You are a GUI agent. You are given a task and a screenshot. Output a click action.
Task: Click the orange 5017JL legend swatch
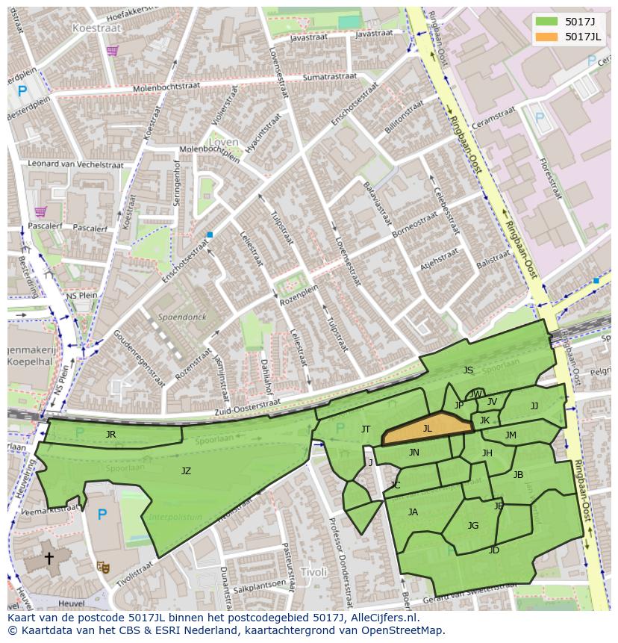coord(547,37)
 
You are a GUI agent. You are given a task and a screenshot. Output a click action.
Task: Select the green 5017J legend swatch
coord(547,21)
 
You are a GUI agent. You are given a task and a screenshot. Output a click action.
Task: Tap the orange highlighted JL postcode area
coord(428,429)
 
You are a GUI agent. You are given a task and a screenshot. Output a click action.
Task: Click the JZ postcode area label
coord(186,470)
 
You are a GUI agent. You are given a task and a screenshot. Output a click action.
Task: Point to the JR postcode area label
coord(110,434)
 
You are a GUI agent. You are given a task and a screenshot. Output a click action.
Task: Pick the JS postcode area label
coord(468,370)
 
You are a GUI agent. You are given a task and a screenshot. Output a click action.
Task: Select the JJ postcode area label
coord(534,406)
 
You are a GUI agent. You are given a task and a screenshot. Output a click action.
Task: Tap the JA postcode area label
coord(413,512)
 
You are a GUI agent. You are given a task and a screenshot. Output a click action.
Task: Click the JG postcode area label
coord(472,525)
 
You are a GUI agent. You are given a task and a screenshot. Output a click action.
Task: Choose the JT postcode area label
coord(366,429)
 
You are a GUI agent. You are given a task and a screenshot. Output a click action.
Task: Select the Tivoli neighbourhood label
coord(313,572)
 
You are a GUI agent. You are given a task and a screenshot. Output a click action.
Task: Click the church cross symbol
coord(49,558)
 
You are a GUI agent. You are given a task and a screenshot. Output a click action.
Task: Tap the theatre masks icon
coord(103,567)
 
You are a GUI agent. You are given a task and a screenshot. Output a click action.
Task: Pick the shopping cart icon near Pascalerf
coord(40,212)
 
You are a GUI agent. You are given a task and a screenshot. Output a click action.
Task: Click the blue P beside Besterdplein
coord(22,91)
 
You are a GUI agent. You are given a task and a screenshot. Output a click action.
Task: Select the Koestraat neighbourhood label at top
coord(96,27)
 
